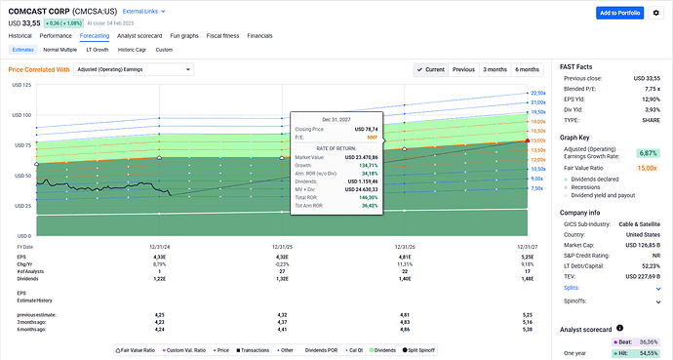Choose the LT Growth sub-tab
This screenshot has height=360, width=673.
[98, 49]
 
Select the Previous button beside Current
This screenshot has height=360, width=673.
[464, 70]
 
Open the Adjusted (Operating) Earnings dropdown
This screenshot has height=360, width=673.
[134, 70]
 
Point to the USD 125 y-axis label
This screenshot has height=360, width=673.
[20, 86]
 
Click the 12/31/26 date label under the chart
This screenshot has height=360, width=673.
[403, 247]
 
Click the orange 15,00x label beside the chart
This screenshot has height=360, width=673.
[536, 140]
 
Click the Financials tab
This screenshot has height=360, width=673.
[259, 35]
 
